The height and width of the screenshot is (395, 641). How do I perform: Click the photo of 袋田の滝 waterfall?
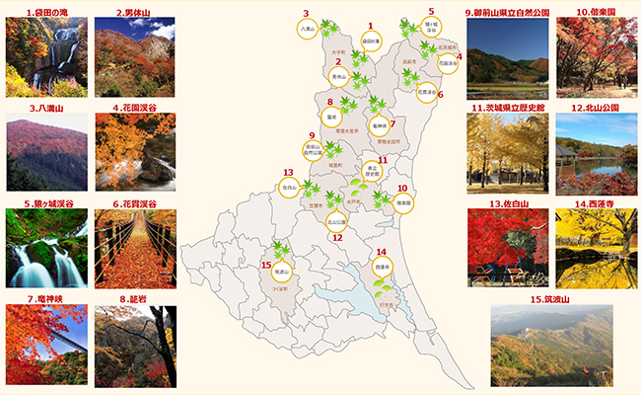(x=45, y=56)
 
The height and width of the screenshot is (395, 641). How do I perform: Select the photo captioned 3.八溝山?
(x=45, y=153)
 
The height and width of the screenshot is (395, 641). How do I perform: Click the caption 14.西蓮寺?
(x=596, y=203)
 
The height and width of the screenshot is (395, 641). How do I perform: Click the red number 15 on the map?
(x=266, y=265)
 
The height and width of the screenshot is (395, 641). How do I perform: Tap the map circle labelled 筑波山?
(x=281, y=268)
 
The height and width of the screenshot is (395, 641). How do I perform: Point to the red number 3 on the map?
(x=306, y=14)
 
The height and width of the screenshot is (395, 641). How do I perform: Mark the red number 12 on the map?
(x=337, y=237)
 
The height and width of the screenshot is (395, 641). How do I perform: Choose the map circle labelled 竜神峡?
(x=379, y=126)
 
